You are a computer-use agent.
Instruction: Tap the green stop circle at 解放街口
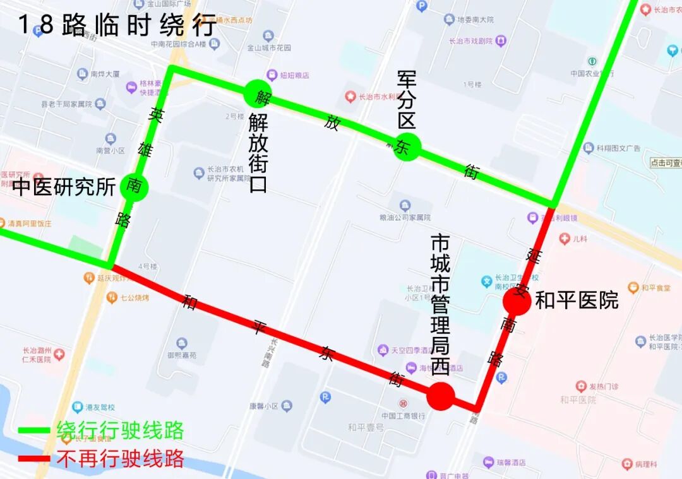258,93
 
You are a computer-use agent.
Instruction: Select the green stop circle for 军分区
407,146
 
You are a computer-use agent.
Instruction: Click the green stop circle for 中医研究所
134,186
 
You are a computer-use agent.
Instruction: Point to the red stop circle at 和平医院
517,302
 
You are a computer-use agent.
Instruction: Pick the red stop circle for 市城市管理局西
440,396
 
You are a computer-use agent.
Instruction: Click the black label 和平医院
577,301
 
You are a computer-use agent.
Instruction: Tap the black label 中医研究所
64,187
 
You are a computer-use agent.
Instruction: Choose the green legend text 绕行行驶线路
120,430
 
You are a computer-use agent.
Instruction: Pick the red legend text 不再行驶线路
120,458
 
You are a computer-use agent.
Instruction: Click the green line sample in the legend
34,430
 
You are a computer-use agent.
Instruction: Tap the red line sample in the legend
34,459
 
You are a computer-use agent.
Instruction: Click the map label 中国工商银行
403,415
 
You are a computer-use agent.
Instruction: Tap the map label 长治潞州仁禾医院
37,355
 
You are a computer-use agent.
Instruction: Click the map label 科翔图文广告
618,148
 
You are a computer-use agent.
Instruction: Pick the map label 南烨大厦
104,74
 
